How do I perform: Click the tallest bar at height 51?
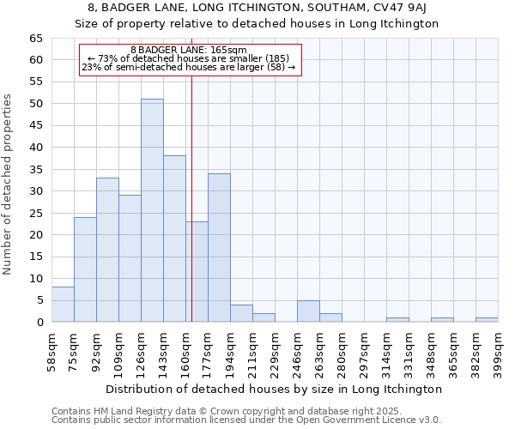pyautogui.click(x=152, y=210)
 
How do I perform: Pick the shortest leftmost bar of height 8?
pyautogui.click(x=63, y=305)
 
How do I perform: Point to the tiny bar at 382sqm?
pyautogui.click(x=487, y=320)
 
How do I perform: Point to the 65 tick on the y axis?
pyautogui.click(x=35, y=39)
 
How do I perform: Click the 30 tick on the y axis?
pyautogui.click(x=35, y=191)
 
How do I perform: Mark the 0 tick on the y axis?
pyautogui.click(x=39, y=323)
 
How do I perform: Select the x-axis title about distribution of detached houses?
pyautogui.click(x=275, y=389)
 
